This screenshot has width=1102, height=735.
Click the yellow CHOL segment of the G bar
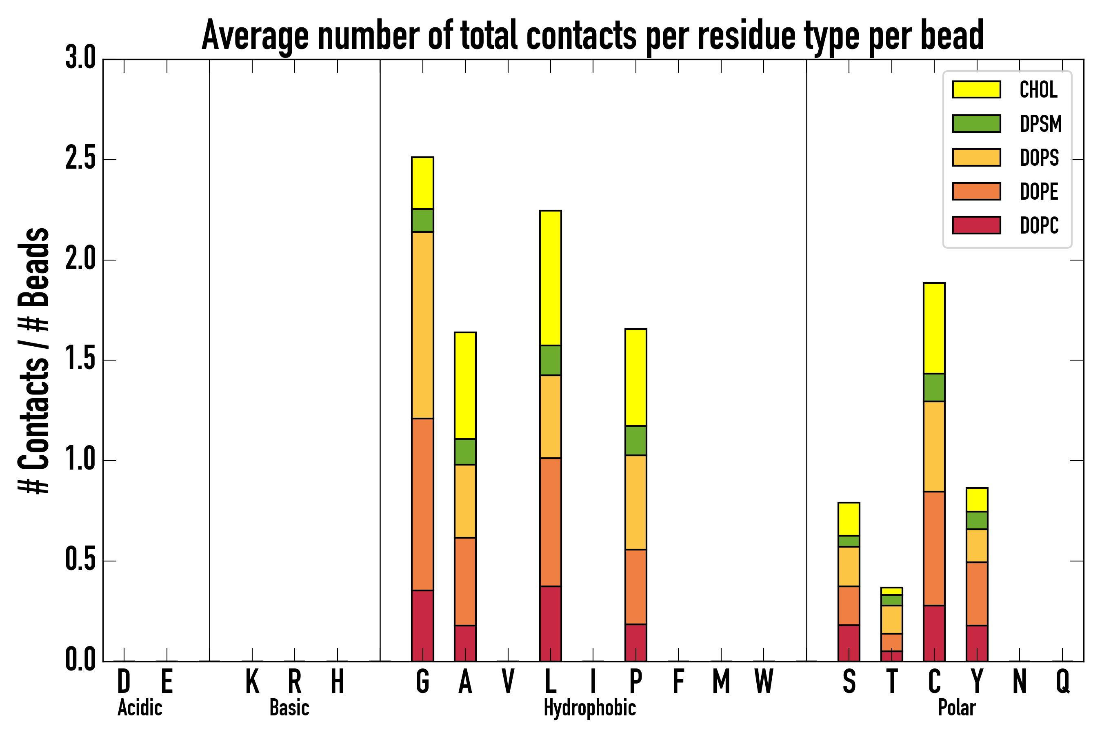click(422, 183)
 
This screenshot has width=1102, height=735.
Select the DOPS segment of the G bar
click(422, 325)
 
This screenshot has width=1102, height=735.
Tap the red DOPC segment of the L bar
click(550, 624)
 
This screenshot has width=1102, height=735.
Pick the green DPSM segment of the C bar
click(934, 387)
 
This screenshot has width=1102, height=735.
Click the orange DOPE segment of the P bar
click(635, 586)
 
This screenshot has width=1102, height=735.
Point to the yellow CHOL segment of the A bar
click(465, 385)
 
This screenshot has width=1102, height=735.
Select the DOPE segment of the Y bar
click(976, 593)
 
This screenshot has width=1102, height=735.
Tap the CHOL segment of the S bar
click(849, 519)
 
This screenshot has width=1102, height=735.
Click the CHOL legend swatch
click(976, 89)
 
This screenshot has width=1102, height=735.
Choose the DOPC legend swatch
click(976, 225)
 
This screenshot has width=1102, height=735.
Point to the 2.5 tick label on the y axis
click(80, 159)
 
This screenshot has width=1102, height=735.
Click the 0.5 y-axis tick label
click(80, 561)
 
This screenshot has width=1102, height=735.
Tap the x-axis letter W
click(763, 681)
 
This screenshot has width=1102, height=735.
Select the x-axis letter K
click(252, 681)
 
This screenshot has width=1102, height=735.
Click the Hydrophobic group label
click(589, 708)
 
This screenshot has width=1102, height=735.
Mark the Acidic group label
click(140, 708)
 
